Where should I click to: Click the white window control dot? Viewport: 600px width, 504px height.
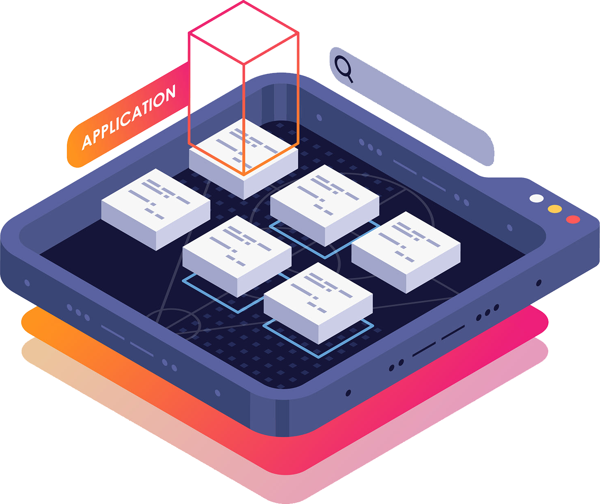tap(536, 198)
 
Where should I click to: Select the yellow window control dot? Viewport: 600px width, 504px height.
tap(554, 209)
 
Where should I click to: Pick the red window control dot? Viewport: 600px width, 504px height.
tap(573, 219)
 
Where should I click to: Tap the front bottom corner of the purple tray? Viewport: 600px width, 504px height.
tap(281, 433)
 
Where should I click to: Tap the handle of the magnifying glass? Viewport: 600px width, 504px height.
tap(350, 78)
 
